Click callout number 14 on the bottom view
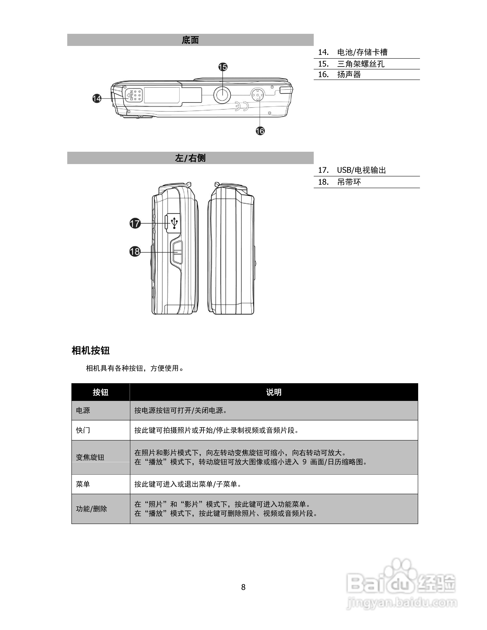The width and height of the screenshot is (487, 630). point(97,98)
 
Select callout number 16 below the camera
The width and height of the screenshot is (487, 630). point(260,131)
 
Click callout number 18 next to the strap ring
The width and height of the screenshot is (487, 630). point(135,252)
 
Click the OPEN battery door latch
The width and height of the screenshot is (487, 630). point(134,95)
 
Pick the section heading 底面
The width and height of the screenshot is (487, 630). point(190,40)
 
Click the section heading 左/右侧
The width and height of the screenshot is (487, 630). point(190,158)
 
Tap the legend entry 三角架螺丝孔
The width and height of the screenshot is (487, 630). point(361,64)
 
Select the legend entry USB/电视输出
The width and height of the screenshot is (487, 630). point(361,170)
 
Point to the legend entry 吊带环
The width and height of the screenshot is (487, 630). point(349,182)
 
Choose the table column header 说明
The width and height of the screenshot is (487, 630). point(274,392)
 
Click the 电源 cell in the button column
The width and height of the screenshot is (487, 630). point(83,410)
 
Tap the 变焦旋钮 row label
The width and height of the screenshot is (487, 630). point(90,457)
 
